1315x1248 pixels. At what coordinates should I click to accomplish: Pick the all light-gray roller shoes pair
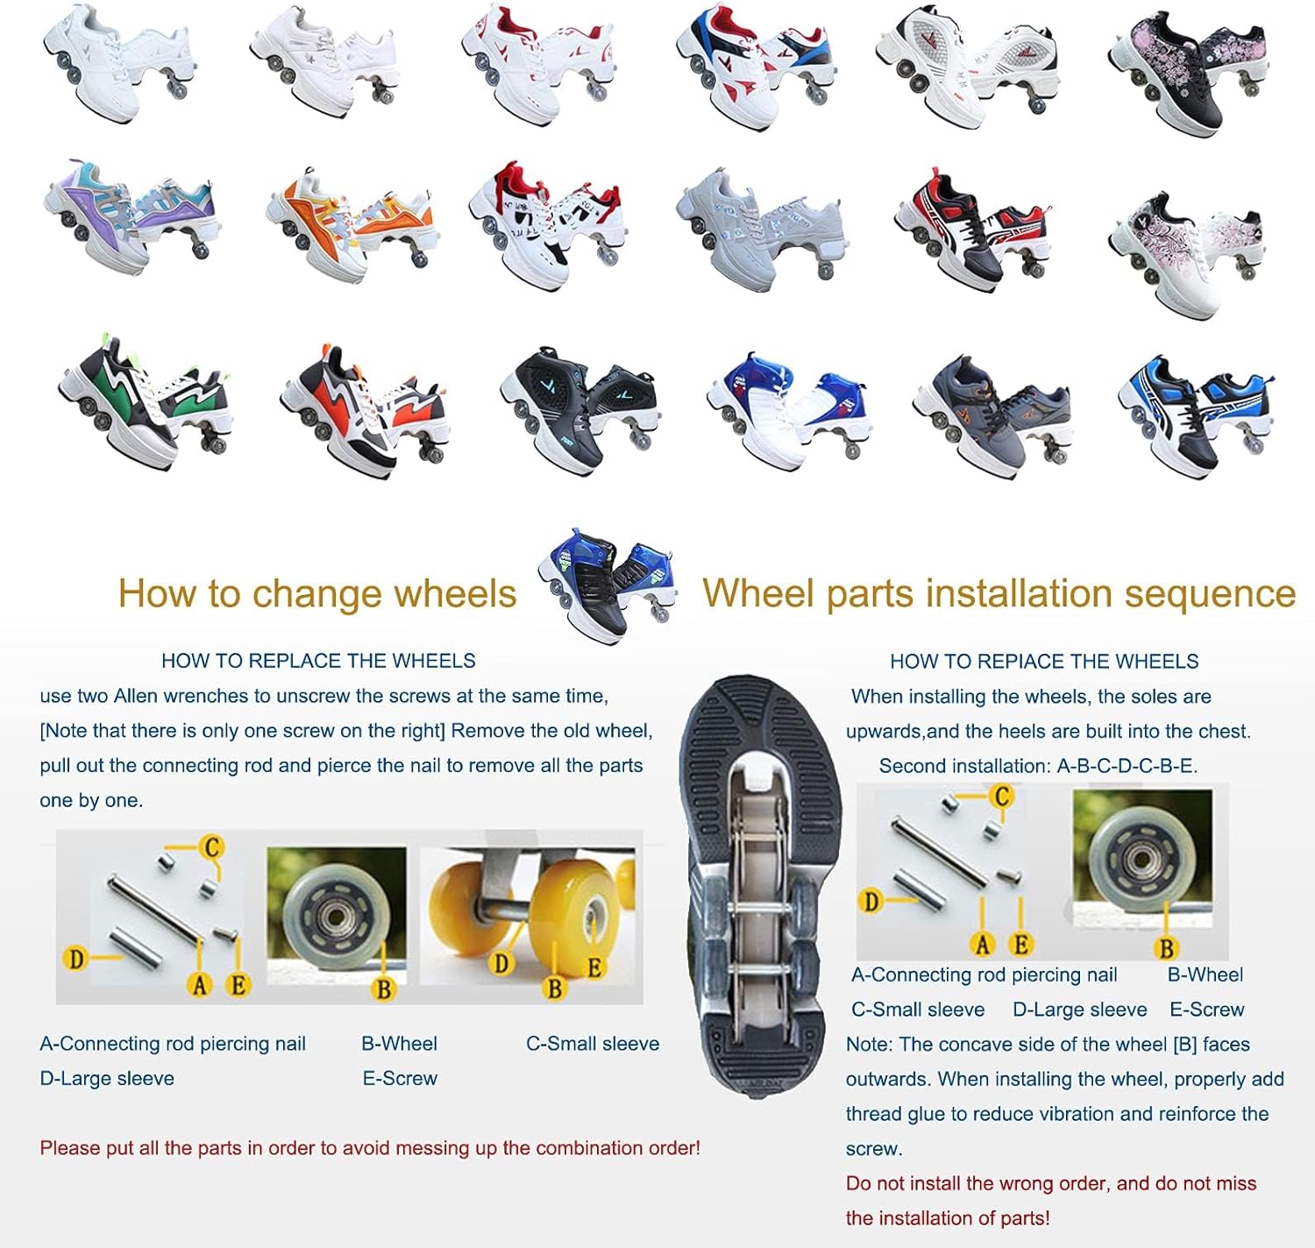coord(759,228)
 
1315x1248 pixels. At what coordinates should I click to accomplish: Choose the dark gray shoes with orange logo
coord(992,412)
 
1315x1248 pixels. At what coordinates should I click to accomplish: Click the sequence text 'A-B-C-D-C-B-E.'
coord(1127,766)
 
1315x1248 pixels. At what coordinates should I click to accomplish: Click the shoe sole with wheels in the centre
coord(761,885)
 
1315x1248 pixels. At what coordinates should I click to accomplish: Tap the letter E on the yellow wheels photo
coord(594,968)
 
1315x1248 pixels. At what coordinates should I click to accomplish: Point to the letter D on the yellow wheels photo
coord(501,963)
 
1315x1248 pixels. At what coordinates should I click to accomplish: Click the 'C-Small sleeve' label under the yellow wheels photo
coord(593,1044)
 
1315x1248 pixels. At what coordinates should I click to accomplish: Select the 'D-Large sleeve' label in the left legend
coord(107,1079)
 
